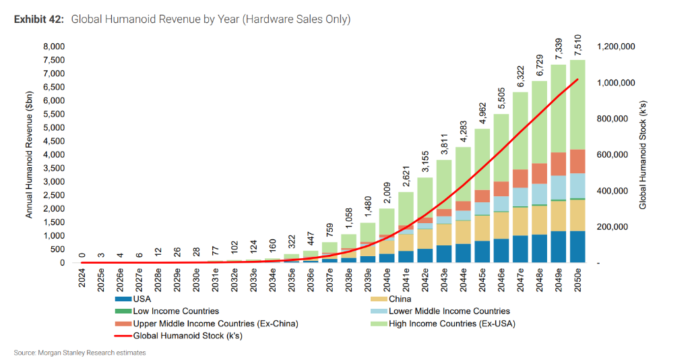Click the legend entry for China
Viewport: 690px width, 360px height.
401,299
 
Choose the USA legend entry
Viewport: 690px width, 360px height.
142,299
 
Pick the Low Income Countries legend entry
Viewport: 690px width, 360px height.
176,311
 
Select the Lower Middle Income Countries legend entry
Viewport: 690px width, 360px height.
449,311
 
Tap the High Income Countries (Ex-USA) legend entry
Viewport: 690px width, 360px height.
445,324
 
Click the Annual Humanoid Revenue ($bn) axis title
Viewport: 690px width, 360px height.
29,155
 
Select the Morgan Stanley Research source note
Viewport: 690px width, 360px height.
80,353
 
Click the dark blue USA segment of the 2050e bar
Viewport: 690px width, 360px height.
577,247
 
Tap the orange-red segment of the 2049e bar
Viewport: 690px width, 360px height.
558,164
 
